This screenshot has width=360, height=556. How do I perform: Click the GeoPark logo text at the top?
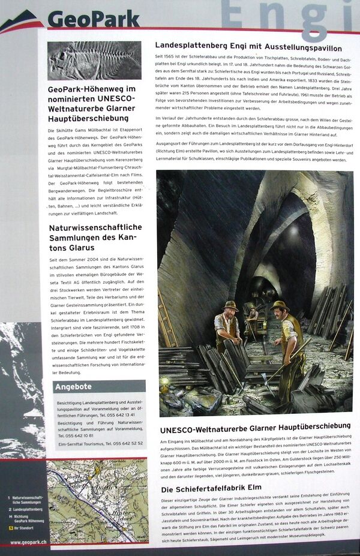coord(93,19)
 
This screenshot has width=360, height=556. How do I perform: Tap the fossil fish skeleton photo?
coord(94,61)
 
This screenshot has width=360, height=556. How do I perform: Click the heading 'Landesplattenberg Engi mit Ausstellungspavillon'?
coord(248,47)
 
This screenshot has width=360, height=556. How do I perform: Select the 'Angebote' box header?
coord(74,386)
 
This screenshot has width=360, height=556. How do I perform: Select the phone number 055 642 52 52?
coord(125,443)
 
